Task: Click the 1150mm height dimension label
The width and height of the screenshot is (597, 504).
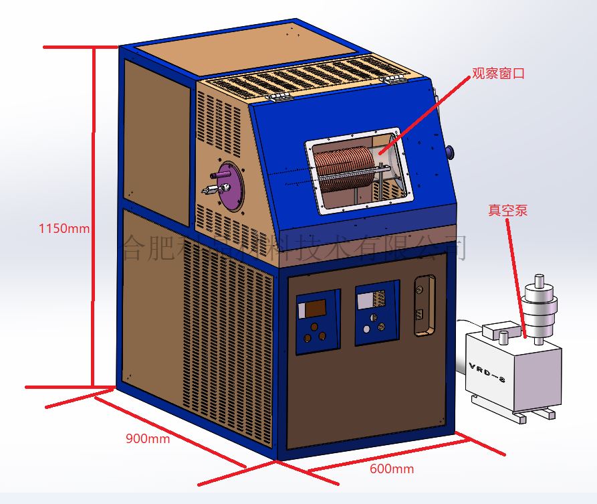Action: click(x=64, y=228)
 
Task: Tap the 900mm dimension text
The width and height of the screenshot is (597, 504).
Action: click(x=148, y=439)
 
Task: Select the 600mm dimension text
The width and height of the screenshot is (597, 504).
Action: click(x=392, y=469)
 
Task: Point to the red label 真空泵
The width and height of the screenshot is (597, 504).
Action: click(x=508, y=210)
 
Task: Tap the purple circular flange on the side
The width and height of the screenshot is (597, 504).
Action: click(x=230, y=185)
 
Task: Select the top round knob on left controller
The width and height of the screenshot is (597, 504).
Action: click(x=313, y=327)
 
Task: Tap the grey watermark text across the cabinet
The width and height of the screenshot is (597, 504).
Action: click(x=294, y=248)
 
